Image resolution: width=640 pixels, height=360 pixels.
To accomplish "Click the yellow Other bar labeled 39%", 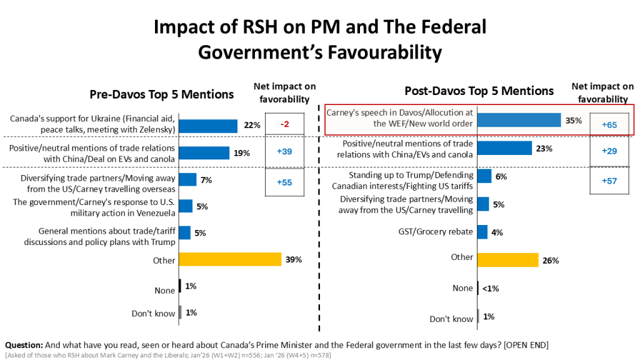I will pos(230,259).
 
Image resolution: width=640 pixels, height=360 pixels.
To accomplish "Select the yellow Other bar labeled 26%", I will pos(507,260).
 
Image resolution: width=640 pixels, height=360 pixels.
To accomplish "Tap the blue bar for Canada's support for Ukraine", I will pos(208,125).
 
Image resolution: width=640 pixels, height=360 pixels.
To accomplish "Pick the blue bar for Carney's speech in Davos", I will pos(519,121).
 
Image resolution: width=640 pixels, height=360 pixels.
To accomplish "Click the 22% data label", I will pos(252,125).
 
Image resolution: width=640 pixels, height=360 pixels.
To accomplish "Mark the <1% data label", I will pos(491,288).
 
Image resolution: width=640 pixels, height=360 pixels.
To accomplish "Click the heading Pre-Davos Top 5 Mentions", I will pos(161,94).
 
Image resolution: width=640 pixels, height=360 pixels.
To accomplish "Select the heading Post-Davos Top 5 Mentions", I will pos(479,91).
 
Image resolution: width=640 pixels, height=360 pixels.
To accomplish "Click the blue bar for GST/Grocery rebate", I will pos(482,232).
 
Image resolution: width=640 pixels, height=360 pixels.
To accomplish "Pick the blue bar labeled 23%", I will pos(504,148).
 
